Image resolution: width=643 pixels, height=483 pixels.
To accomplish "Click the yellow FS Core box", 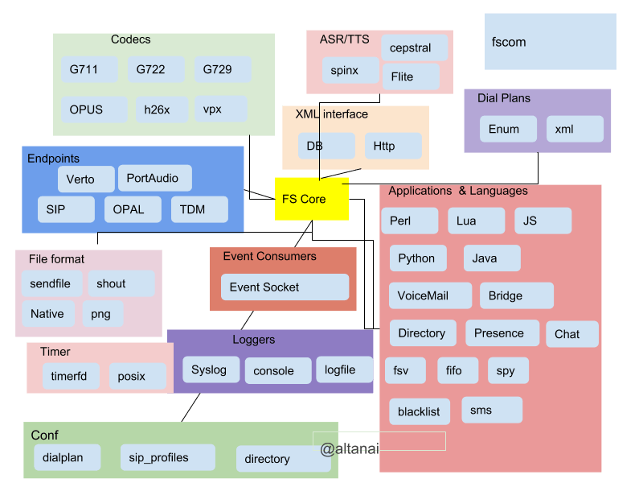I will pos(312,199).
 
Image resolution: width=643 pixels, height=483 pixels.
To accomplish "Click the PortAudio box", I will pos(154,178).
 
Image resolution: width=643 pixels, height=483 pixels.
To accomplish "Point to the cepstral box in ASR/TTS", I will pos(410,48).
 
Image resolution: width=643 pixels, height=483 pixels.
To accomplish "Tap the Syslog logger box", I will pos(210,370).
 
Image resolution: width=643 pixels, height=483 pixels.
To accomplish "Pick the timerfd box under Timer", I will pos(71,376).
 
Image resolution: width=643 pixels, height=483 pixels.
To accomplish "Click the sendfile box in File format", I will pos(50,283).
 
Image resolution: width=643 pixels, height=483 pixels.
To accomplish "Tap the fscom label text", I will pos(508,42).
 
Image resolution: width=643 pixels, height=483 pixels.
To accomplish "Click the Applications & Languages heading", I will pos(458,192).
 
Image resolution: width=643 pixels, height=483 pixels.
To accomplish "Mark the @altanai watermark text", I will pos(350,449).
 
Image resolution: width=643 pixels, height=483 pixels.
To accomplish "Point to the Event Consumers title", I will pos(269,256).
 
